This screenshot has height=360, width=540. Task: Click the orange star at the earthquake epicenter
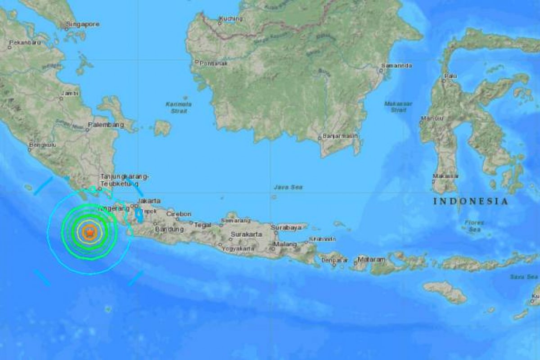90,232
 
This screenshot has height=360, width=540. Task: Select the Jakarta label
149,201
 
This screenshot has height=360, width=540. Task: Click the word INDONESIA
471,201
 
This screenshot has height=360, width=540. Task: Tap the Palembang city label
106,124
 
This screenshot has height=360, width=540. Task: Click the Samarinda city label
396,66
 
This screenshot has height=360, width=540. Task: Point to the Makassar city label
445,176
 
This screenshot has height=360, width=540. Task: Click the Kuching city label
231,19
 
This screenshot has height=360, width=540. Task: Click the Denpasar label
333,261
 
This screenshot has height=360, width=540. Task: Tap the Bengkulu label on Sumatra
42,145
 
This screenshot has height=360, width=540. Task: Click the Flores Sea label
475,226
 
